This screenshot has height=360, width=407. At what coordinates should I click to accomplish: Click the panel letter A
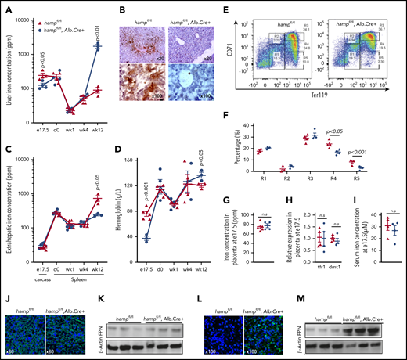tap(6, 6)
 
